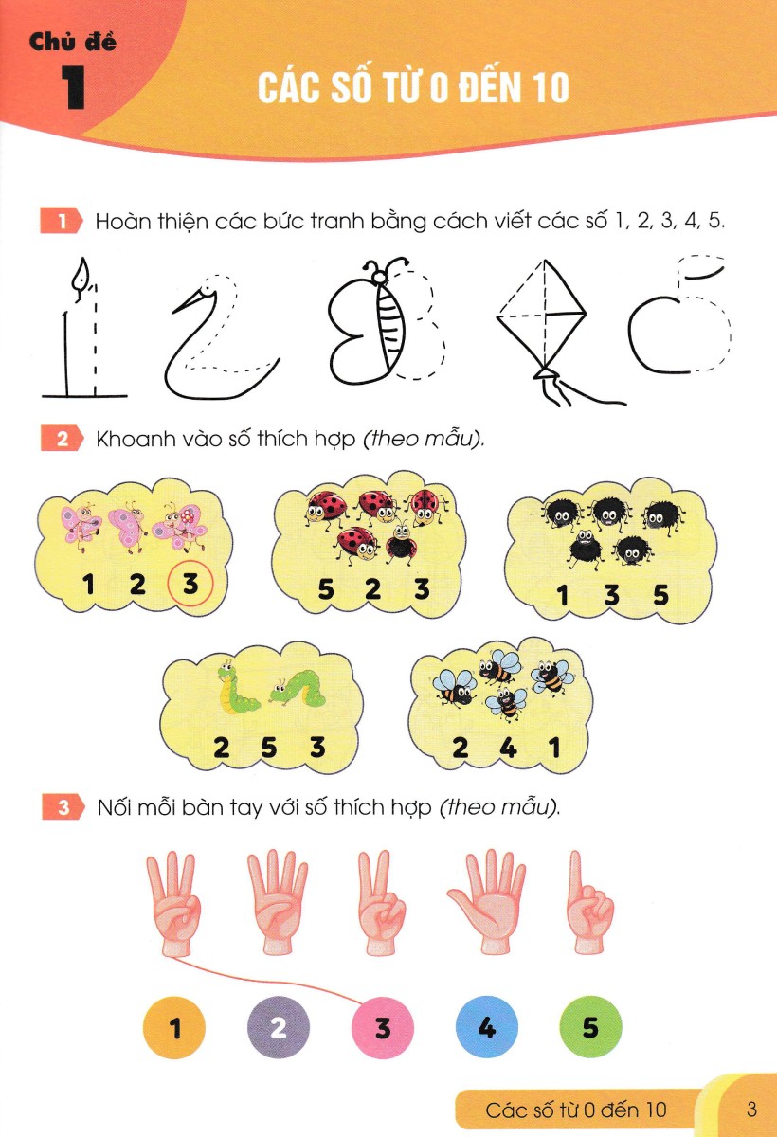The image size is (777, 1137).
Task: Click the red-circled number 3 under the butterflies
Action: [190, 584]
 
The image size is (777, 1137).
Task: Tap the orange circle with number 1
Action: [174, 1027]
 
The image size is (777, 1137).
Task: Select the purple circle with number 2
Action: [279, 1027]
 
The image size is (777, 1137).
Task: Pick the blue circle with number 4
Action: [487, 1027]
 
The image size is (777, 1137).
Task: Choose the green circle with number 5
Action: [590, 1027]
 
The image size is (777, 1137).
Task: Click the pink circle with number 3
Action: [383, 1027]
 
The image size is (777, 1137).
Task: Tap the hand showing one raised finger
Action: [589, 902]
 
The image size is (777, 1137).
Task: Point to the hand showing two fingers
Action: [381, 902]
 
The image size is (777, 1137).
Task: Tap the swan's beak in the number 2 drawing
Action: [189, 300]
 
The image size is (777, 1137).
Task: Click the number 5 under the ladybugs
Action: [326, 589]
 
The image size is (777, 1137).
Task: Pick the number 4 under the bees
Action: [508, 748]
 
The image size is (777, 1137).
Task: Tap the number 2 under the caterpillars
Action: [222, 748]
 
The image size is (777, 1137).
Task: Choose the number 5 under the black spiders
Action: [660, 594]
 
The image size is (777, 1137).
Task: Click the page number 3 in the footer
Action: [751, 1110]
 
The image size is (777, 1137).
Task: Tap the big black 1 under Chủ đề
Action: [74, 87]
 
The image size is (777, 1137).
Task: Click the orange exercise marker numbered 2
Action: [62, 439]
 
